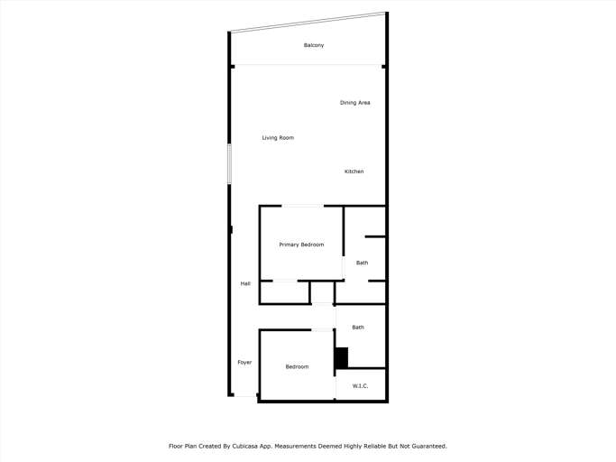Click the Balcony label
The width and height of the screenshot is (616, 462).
[x=314, y=45]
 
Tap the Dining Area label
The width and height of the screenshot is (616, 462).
[x=354, y=103]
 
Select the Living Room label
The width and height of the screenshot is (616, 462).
[x=278, y=138]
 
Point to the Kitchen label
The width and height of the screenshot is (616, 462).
[x=354, y=171]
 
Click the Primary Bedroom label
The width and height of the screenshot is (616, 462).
[x=301, y=245]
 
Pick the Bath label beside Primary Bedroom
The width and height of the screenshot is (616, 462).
[x=362, y=263]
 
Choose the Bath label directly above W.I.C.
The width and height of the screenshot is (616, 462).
[x=358, y=328]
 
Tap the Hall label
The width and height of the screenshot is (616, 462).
[x=245, y=284]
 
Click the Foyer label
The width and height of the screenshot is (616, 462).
[x=244, y=363]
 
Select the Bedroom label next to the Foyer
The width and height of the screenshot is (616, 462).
[x=297, y=366]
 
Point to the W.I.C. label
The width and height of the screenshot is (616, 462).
[x=360, y=386]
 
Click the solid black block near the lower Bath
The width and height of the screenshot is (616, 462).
[x=341, y=357]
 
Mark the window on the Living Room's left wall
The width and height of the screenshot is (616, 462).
[x=229, y=163]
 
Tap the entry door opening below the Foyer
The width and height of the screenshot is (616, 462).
[x=244, y=395]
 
